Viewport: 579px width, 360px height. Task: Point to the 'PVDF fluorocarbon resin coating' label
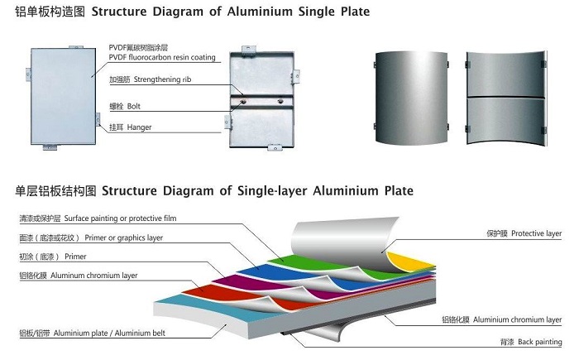pyautogui.click(x=162, y=57)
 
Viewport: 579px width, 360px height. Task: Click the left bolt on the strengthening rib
pyautogui.click(x=242, y=103)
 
